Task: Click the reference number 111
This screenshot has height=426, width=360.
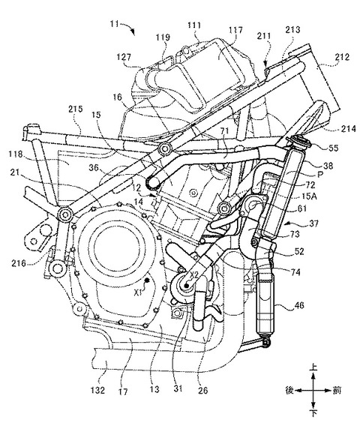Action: pos(194,25)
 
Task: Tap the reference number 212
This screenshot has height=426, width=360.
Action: pos(342,57)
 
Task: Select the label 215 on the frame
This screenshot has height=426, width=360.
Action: pos(76,109)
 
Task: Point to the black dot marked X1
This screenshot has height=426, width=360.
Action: pos(147,280)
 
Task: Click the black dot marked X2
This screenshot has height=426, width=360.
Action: pos(186,286)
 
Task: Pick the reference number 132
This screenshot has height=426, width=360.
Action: pos(97,391)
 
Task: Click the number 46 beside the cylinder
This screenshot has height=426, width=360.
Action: pos(298,305)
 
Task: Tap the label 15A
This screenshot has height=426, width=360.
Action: pos(308,196)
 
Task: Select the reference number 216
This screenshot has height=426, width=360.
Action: pos(19,263)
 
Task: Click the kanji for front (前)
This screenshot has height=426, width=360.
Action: pos(337,391)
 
